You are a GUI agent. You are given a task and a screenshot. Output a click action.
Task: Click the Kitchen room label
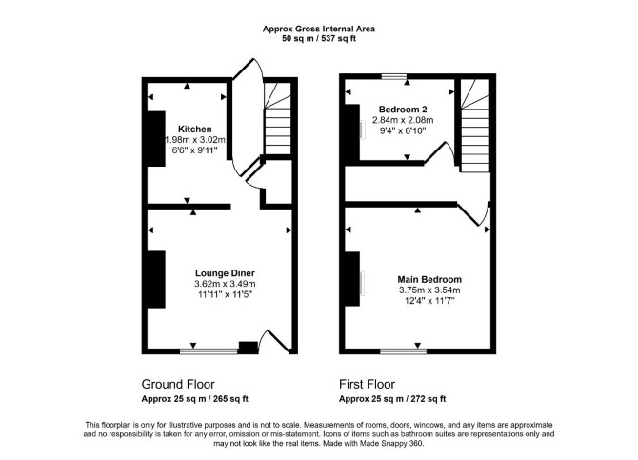coord(195,129)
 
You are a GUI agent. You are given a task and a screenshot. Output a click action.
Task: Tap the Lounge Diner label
coord(225,273)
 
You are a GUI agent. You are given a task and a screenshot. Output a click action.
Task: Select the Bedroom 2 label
coord(403,110)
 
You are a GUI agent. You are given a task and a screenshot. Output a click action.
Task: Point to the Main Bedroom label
coord(429,280)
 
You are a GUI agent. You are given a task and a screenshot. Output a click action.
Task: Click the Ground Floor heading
coord(178,384)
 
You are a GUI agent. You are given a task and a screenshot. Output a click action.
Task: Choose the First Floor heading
coord(367,384)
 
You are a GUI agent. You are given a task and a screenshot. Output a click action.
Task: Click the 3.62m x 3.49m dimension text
coord(225,284)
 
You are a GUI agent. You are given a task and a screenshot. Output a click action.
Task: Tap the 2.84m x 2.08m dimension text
coord(403,120)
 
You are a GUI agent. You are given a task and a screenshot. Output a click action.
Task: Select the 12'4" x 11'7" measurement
coord(429,301)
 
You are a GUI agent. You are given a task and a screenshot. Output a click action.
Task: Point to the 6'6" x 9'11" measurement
coord(195,150)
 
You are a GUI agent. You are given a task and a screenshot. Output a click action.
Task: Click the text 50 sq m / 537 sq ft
coord(319,39)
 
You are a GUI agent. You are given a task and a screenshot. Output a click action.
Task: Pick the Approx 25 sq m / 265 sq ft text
coord(195,399)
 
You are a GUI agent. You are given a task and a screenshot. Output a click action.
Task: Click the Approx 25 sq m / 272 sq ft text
coord(392,399)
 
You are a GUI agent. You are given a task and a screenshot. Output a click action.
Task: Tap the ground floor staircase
coord(278,118)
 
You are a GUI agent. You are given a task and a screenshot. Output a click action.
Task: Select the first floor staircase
coord(475,126)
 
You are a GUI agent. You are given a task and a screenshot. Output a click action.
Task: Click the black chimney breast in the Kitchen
coord(156,139)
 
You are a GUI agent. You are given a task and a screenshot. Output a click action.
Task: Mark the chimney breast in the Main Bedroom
coord(352,279)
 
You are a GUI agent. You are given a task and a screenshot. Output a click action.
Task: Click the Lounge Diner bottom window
coord(209,351)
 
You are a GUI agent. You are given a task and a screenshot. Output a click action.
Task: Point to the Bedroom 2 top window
coord(394,76)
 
